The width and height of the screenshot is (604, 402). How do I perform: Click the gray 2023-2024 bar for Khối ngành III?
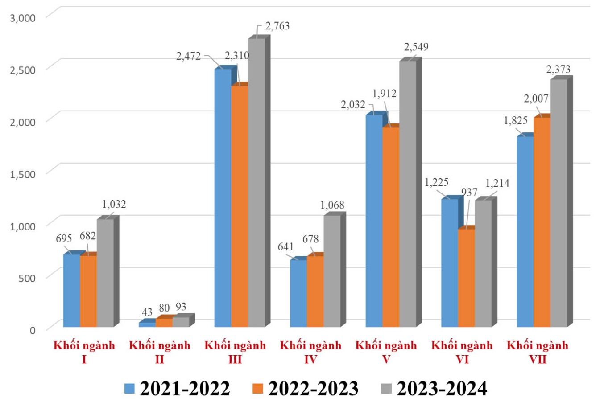[256, 183]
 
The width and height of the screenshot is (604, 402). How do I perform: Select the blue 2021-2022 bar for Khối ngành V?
[374, 221]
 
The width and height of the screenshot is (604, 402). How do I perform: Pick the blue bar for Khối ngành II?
[147, 324]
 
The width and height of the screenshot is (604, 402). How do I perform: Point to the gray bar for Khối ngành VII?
[558, 203]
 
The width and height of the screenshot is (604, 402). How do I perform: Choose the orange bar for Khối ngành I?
[88, 291]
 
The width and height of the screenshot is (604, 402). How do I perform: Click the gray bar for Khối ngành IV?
[332, 271]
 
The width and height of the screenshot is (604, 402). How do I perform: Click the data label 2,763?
[277, 26]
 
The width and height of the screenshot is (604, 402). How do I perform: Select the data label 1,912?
[384, 94]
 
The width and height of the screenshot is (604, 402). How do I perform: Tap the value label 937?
[469, 192]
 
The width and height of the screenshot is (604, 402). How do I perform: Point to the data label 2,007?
[536, 98]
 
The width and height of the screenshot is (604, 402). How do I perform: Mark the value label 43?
[147, 312]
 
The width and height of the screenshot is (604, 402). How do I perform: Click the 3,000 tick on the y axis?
[22, 17]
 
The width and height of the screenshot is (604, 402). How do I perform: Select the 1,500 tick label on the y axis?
[22, 174]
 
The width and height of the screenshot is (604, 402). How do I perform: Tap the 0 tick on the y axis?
[32, 330]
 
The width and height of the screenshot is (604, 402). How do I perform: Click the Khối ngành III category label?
[235, 352]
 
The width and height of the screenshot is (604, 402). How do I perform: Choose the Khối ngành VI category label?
[462, 352]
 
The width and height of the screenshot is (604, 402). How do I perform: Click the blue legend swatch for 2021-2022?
[129, 388]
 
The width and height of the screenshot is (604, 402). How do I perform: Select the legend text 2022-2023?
[313, 388]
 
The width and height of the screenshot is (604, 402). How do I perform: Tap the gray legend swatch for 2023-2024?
[386, 388]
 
